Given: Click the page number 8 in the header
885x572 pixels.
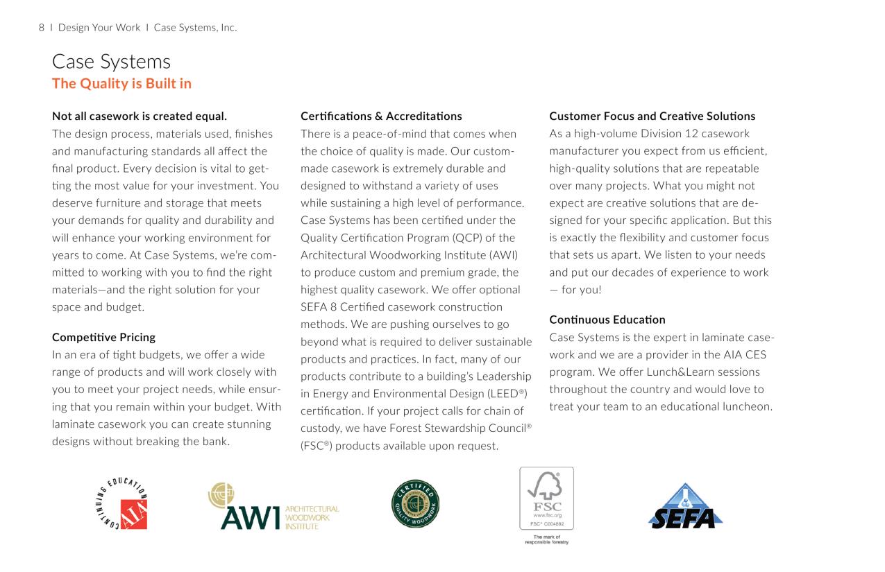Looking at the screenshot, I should [x=42, y=28].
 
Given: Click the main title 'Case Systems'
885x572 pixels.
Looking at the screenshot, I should [x=111, y=62].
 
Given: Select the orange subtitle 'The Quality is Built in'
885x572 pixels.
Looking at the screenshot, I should [x=121, y=84].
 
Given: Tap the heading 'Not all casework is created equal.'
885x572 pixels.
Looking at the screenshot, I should [x=140, y=116].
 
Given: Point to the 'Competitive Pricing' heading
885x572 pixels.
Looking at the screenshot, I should [x=103, y=337].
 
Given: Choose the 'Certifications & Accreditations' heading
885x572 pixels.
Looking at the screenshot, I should [x=381, y=116].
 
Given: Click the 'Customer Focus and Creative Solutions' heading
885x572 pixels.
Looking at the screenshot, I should [x=652, y=116].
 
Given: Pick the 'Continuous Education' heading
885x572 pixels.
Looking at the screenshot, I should [x=607, y=320].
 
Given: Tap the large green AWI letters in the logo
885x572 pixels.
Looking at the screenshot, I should [x=249, y=517].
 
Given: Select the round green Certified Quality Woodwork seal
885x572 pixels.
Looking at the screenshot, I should [x=415, y=503].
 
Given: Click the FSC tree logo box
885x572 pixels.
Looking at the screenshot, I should [x=546, y=499].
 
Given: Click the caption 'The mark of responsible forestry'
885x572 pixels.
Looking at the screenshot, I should [x=546, y=539].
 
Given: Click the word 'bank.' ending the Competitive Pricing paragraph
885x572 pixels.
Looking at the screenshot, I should [x=215, y=441].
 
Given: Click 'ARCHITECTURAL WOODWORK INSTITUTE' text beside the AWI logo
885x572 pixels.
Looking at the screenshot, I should [x=312, y=517].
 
